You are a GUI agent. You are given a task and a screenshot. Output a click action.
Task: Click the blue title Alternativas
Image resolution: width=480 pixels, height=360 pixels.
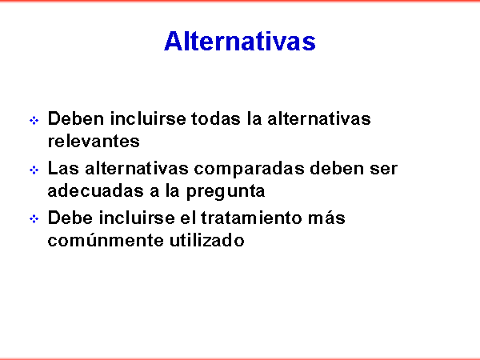pos(240,41)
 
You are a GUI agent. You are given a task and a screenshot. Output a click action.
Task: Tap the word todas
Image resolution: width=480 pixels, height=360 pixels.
pos(216,118)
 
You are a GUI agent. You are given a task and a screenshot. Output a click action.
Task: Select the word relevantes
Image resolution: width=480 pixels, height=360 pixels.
pos(94,141)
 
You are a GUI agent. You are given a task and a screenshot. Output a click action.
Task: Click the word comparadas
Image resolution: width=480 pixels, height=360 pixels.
pos(249,170)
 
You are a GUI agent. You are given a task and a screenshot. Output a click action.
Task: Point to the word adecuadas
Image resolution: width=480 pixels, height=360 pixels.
pos(95,190)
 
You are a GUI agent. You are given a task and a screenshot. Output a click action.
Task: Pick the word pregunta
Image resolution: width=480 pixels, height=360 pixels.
pos(226,192)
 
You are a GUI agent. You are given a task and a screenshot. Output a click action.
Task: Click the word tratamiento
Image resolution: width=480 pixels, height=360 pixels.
pos(252,218)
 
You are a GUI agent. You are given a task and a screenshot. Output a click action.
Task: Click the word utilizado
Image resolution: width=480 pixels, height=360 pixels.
pos(207,240)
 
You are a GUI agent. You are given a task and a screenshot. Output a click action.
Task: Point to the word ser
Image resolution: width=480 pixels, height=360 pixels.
pos(383,170)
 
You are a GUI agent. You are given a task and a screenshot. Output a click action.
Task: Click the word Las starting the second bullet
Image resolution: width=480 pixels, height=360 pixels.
pos(63,168)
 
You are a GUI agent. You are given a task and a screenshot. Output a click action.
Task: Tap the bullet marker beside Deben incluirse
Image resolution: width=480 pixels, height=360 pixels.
pos(34,120)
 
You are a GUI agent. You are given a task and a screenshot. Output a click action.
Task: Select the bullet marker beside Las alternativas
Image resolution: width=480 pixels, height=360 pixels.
pos(34,170)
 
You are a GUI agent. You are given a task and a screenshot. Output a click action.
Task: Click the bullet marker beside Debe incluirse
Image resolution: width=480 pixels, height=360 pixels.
pos(34,219)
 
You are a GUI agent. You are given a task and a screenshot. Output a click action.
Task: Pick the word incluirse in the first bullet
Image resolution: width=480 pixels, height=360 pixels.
pos(148,118)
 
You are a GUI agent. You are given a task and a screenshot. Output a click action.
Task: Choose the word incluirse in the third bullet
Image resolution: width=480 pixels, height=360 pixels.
pos(137,218)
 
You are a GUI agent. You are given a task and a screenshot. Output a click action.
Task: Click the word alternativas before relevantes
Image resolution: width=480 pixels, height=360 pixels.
pos(319,118)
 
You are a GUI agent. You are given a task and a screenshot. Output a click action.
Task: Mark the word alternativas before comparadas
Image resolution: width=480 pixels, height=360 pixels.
pos(137,168)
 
